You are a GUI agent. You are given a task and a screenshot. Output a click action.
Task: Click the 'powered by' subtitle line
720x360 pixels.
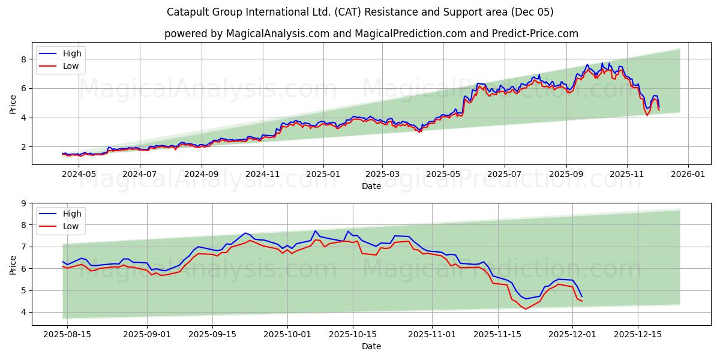(x=371, y=34)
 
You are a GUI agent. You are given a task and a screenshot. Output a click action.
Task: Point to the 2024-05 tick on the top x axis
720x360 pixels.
(x=79, y=174)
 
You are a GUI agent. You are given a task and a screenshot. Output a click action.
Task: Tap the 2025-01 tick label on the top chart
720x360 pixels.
(x=323, y=174)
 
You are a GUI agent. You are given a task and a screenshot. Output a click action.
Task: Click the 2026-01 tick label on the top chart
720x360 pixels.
(x=688, y=174)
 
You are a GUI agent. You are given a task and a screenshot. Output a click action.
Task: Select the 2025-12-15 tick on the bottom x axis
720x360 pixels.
(x=637, y=334)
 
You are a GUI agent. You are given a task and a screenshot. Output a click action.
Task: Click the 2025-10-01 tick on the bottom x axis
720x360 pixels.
(x=289, y=334)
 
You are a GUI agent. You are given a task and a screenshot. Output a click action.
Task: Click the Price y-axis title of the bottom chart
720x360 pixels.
(x=13, y=265)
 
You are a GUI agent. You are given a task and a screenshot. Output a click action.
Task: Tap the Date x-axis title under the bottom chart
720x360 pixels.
(x=371, y=346)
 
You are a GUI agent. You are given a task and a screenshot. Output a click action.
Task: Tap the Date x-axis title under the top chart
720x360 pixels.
(x=371, y=186)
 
